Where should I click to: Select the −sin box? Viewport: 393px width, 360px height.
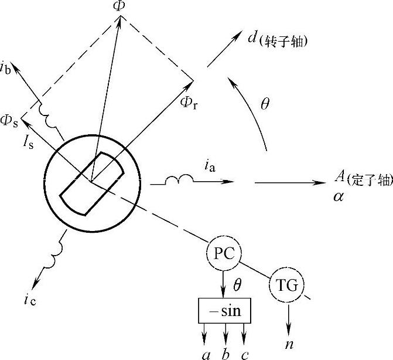click(x=225, y=310)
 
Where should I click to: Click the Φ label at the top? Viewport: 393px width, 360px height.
click(x=119, y=6)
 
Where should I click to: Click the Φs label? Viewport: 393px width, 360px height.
click(x=9, y=120)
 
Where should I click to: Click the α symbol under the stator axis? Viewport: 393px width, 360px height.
click(x=338, y=196)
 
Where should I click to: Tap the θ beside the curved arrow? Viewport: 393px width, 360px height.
click(x=265, y=104)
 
